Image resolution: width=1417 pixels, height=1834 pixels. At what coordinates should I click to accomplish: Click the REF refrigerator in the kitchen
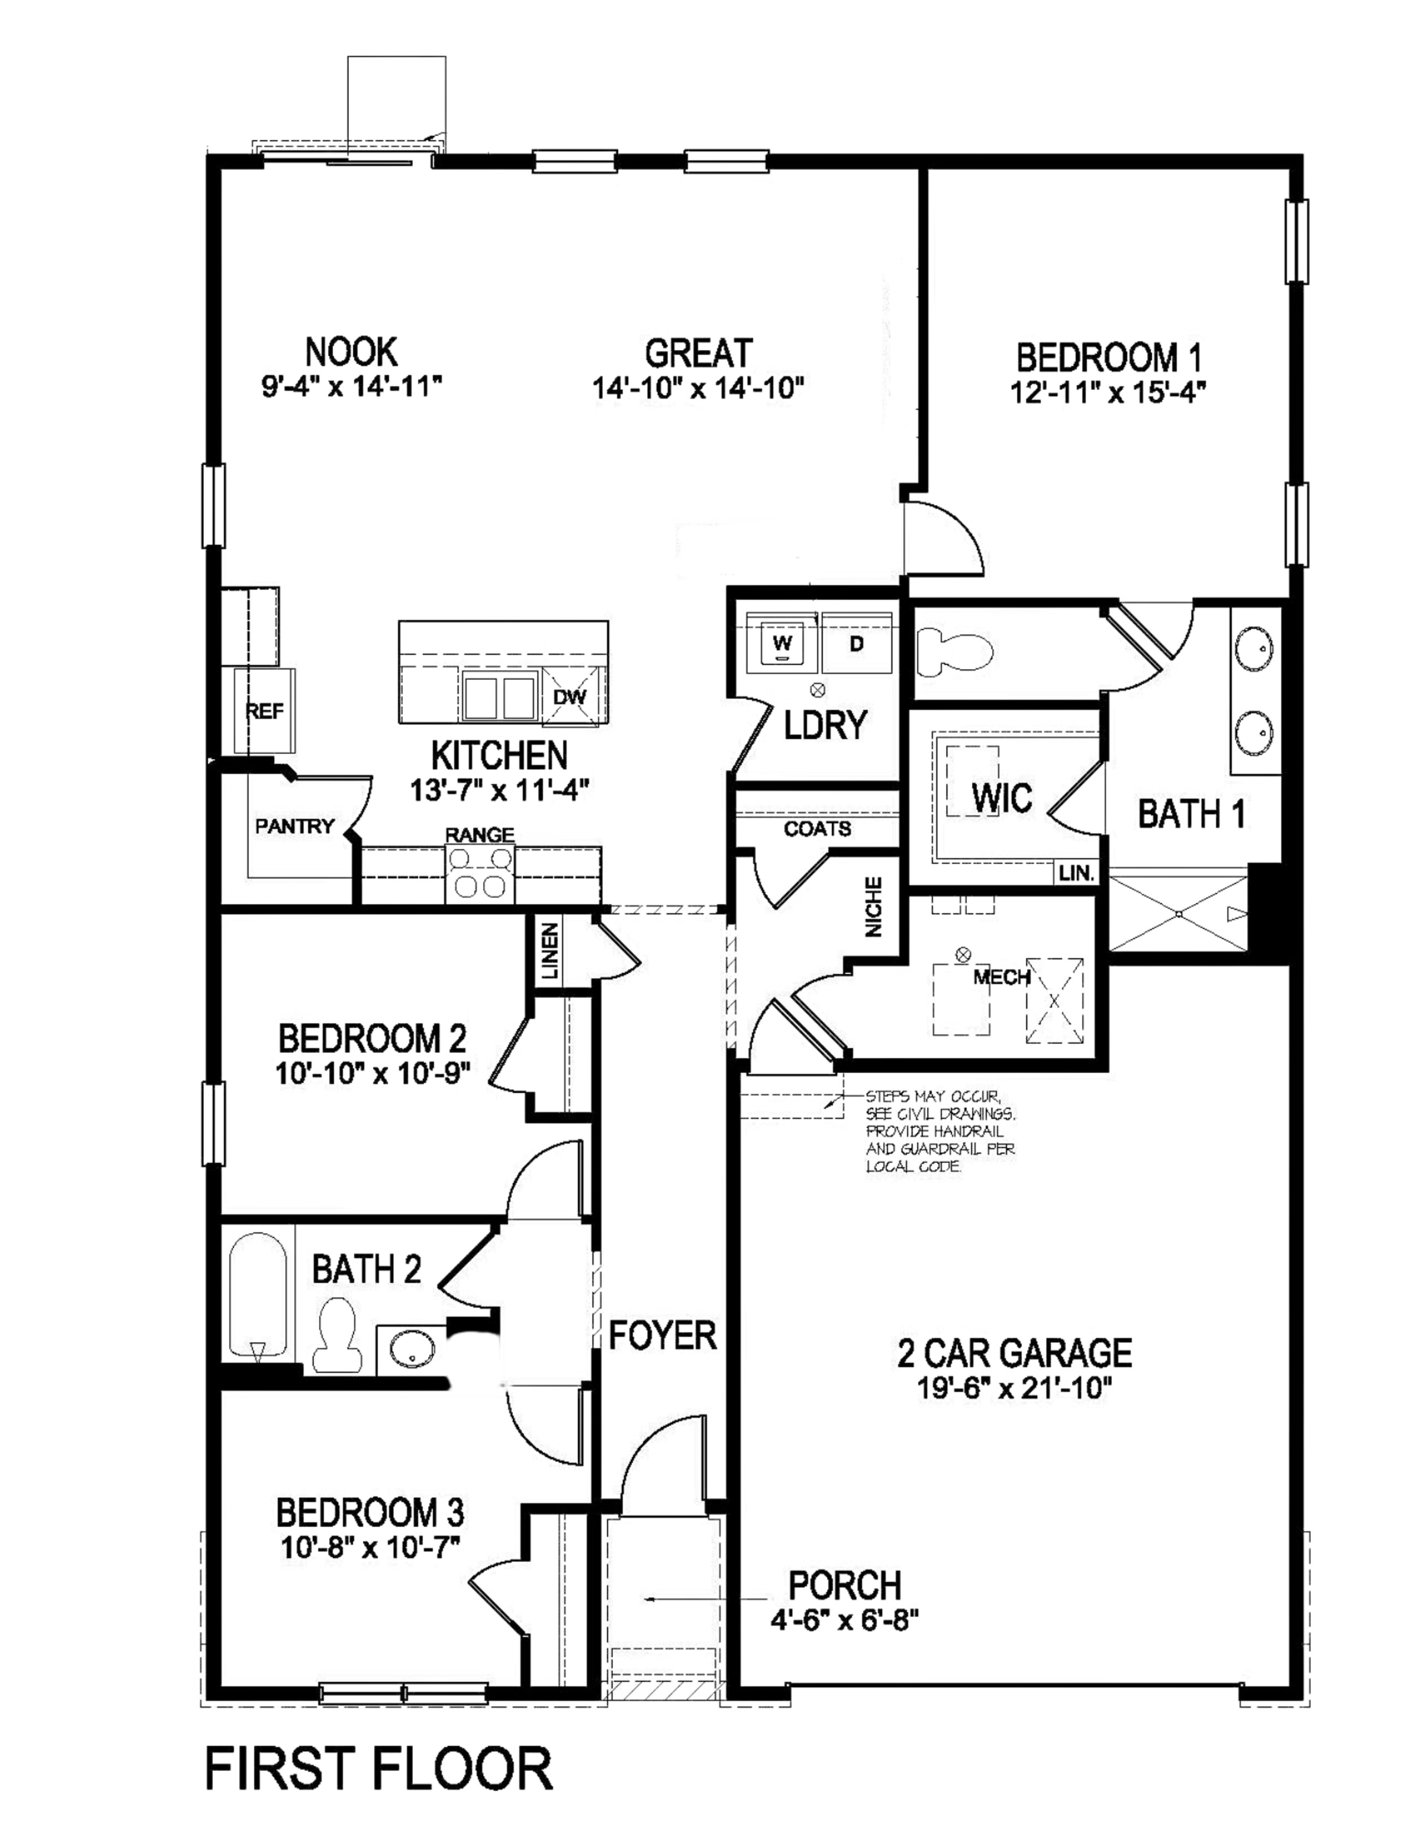click(265, 711)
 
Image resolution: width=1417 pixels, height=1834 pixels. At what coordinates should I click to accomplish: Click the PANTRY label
click(295, 826)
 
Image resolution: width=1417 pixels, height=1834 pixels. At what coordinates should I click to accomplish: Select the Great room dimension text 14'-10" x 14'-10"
click(698, 389)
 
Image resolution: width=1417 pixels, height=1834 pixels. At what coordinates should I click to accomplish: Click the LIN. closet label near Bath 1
click(1076, 873)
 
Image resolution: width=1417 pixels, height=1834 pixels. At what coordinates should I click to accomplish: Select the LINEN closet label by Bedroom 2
click(549, 951)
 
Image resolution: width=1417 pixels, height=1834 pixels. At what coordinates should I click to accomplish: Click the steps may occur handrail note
click(940, 1131)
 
